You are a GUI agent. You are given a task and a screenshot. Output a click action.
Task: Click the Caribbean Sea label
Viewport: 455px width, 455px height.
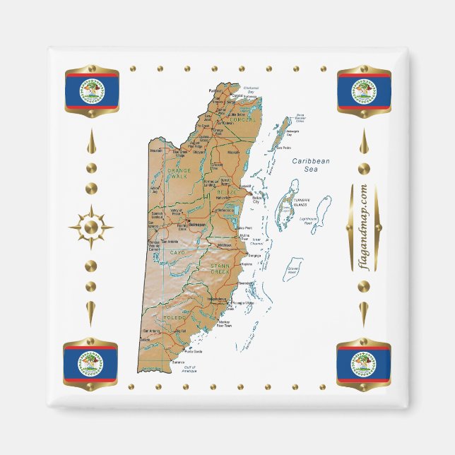click(312, 165)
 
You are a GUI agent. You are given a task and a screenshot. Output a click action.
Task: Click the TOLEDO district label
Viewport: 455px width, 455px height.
click(174, 319)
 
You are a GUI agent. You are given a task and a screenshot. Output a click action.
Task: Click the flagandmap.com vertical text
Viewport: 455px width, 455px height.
click(363, 227)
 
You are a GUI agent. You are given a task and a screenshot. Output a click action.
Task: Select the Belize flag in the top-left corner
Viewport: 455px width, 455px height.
click(91, 90)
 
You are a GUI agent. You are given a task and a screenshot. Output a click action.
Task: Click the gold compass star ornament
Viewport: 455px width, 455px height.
click(91, 227)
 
